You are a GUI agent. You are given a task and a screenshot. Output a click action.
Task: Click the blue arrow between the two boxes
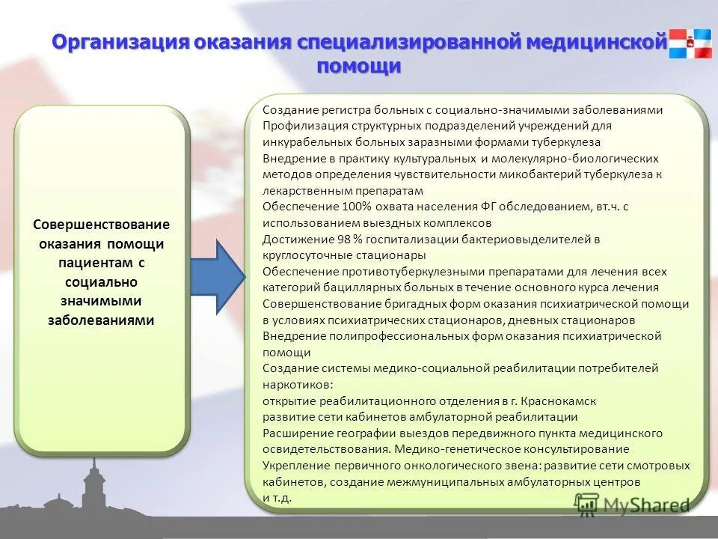pyautogui.click(x=218, y=278)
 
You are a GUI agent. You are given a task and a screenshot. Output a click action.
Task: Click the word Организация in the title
pyautogui.click(x=120, y=42)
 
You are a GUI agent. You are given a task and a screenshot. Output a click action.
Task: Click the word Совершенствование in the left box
pyautogui.click(x=102, y=225)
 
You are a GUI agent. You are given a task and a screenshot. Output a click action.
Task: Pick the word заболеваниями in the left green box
pyautogui.click(x=102, y=320)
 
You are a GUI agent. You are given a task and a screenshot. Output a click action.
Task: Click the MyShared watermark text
pyautogui.click(x=645, y=505)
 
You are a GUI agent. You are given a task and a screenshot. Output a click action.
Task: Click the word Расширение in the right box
pyautogui.click(x=292, y=433)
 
